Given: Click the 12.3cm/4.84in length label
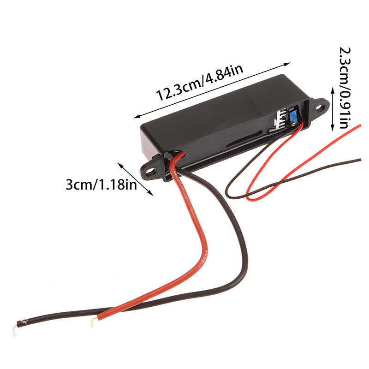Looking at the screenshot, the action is click(200, 83).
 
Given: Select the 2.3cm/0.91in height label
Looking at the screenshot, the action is click(345, 88).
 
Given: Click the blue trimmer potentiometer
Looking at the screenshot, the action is click(293, 117).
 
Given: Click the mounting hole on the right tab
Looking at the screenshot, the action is click(319, 108).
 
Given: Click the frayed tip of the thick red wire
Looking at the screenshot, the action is click(94, 322).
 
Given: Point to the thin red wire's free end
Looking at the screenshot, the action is click(360, 125).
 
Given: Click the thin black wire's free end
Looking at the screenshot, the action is click(363, 160).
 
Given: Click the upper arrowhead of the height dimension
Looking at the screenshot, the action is click(333, 89).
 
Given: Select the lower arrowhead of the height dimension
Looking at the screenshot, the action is click(333, 128).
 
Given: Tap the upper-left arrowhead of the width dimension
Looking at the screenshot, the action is click(120, 165).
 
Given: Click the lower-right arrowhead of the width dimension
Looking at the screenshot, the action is click(151, 193).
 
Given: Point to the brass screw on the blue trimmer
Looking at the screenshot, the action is click(293, 123).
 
